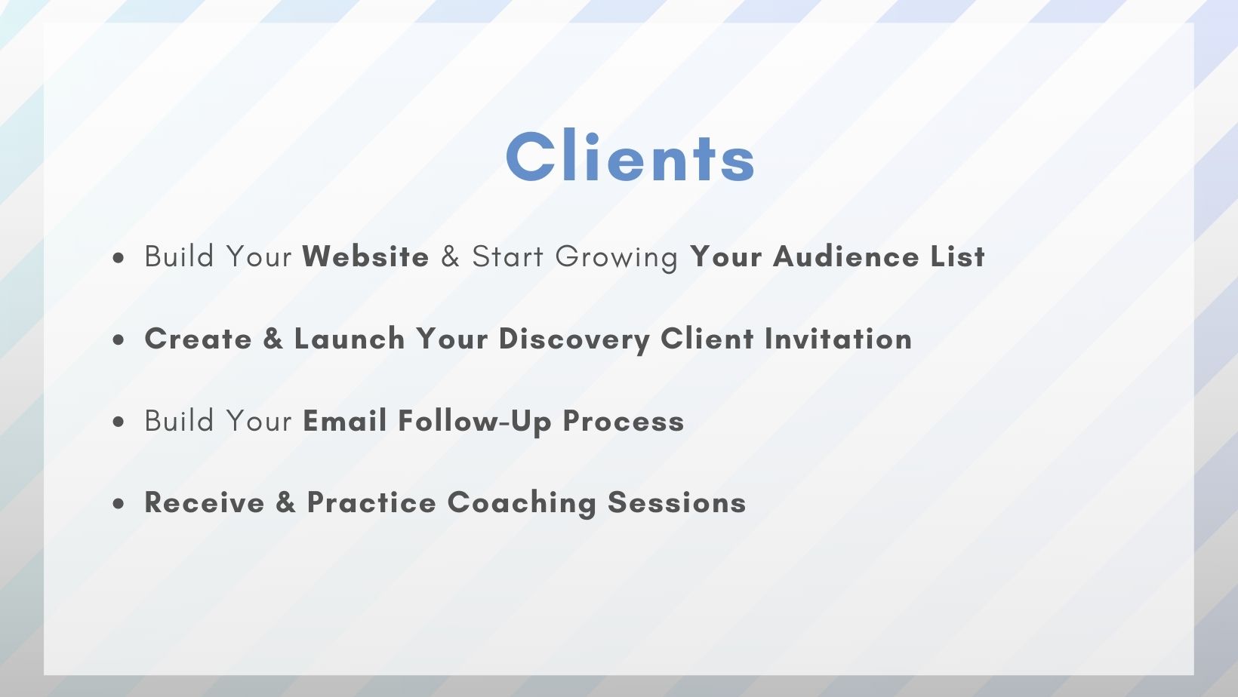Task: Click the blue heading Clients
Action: pos(630,156)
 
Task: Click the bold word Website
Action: pos(365,256)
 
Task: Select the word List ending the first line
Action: pos(957,256)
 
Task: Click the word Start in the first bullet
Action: pos(508,256)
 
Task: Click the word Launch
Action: pos(350,339)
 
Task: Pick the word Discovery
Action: pos(574,339)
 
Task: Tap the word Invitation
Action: pos(838,339)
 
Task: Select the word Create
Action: pos(198,339)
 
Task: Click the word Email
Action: pos(345,420)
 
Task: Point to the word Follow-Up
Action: pos(475,422)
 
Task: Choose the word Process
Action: pos(624,420)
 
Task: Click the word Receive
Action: pos(205,502)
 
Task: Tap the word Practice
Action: pos(371,502)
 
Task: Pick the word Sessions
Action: pos(677,502)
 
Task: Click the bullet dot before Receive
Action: pos(119,504)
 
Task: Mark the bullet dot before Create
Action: pos(119,339)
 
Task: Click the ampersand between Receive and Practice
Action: pos(286,502)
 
